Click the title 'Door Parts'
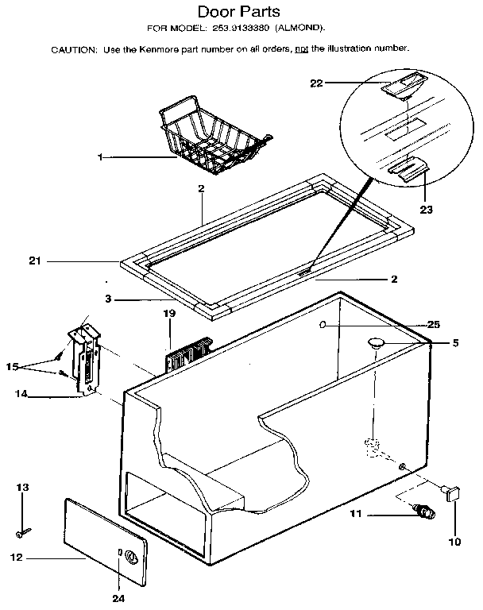(x=240, y=12)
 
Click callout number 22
(x=316, y=83)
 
